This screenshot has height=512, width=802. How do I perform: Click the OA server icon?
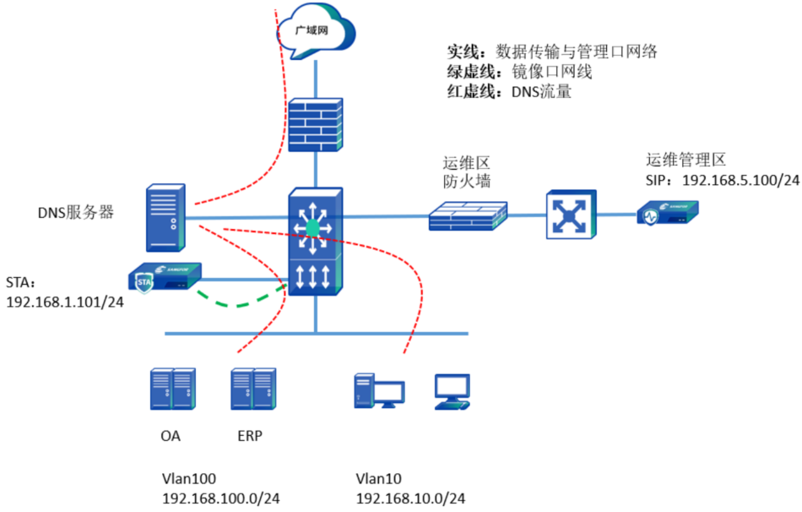(x=172, y=389)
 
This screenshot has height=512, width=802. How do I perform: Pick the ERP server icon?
(x=254, y=389)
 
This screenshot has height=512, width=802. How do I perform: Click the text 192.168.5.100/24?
(x=740, y=180)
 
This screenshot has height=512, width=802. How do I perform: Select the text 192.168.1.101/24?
(x=65, y=302)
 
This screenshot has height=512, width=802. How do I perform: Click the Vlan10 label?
(x=378, y=477)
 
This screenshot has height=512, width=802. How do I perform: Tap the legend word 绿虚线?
(x=469, y=72)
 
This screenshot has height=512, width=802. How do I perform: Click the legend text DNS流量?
(x=541, y=91)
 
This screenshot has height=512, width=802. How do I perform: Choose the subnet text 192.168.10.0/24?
(x=410, y=498)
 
